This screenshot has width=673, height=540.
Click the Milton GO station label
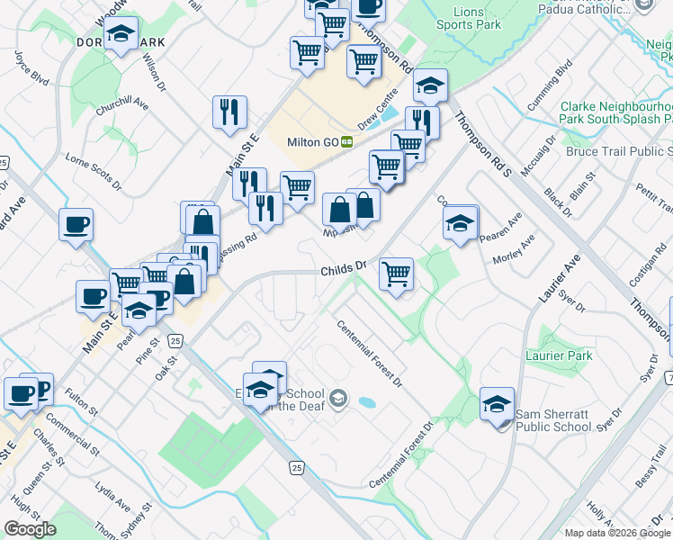click(312, 142)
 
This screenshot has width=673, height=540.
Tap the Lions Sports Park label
click(468, 19)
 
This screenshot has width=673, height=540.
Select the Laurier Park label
click(559, 356)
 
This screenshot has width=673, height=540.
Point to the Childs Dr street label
click(345, 267)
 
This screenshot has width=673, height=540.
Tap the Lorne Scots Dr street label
click(94, 172)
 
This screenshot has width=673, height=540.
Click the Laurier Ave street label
click(560, 280)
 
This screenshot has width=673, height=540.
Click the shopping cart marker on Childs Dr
click(396, 274)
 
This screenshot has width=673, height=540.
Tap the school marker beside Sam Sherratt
click(496, 404)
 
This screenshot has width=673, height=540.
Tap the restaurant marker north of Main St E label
click(229, 112)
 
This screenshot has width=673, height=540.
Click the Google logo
click(30, 529)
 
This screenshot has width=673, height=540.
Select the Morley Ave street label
click(514, 249)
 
